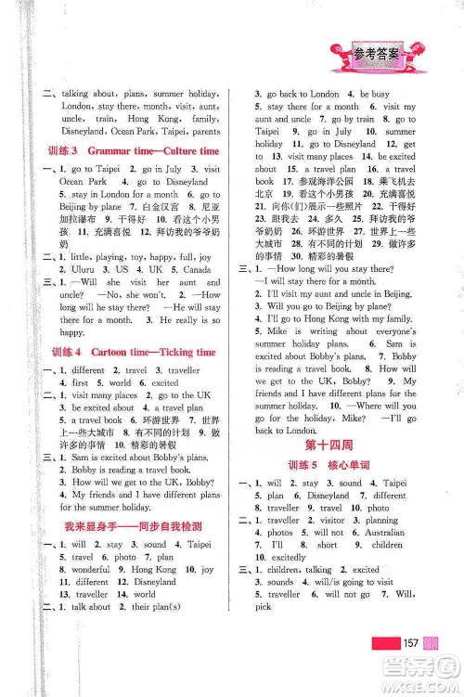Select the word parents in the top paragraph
201,131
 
